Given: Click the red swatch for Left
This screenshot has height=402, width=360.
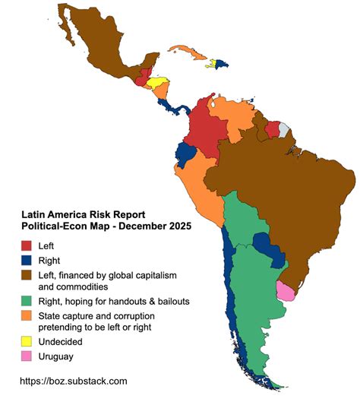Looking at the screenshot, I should point(27,245).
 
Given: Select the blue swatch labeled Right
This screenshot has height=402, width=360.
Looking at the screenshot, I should point(27,261).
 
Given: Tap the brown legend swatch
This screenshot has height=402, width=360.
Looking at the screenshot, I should point(27,275).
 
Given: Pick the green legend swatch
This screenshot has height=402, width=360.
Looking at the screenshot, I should point(27,301).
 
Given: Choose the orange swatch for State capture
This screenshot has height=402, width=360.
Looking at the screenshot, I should point(27,316).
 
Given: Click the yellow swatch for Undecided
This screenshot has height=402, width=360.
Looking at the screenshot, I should point(27,341).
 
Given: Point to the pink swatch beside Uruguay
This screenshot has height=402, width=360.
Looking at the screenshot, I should point(27,356).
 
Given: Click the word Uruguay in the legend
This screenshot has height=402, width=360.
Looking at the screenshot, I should point(57,356).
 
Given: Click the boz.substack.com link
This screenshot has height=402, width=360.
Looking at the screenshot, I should point(73,381).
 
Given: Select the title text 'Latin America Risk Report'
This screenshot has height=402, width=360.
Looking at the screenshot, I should point(84,215).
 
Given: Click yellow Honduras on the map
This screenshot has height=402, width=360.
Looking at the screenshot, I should point(157,83).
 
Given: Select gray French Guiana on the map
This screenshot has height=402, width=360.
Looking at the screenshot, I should point(284,129).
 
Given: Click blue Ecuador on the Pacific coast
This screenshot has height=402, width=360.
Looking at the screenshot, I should point(185,154).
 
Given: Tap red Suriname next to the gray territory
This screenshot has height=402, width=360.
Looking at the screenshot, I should point(272,128).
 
